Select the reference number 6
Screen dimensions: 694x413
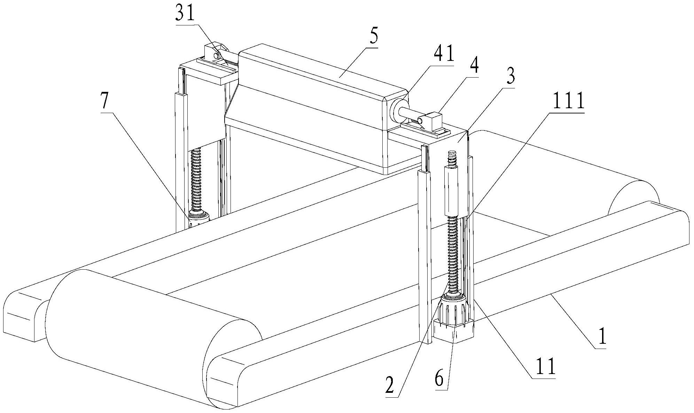440,379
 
